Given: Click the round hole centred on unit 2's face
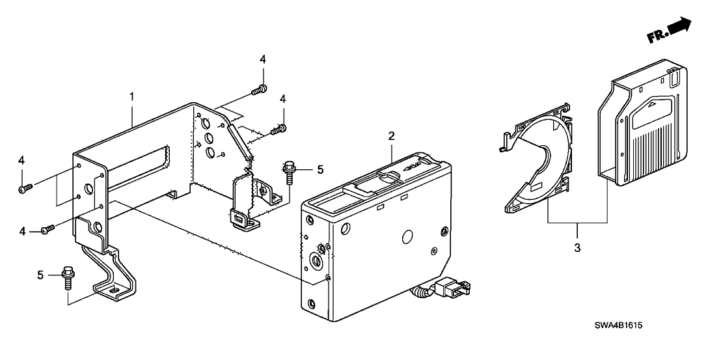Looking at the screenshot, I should [x=408, y=236].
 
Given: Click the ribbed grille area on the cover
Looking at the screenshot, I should [x=651, y=143].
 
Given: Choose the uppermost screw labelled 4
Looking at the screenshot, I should [x=260, y=89].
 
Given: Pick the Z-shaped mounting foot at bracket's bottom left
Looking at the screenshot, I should [x=117, y=277].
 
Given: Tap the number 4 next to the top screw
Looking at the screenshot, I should [x=263, y=59].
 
